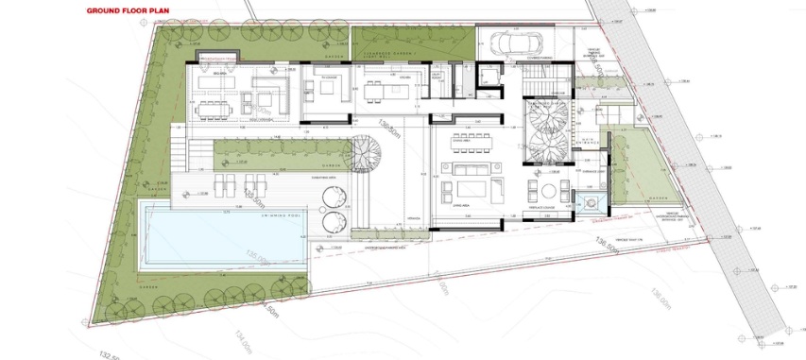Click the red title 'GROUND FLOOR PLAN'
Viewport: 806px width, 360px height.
(126, 12)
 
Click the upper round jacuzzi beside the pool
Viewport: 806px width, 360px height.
(335, 197)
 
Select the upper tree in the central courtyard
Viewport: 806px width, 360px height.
(548, 117)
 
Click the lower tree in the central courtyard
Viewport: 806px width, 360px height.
(548, 147)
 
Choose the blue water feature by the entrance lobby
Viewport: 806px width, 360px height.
(592, 202)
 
